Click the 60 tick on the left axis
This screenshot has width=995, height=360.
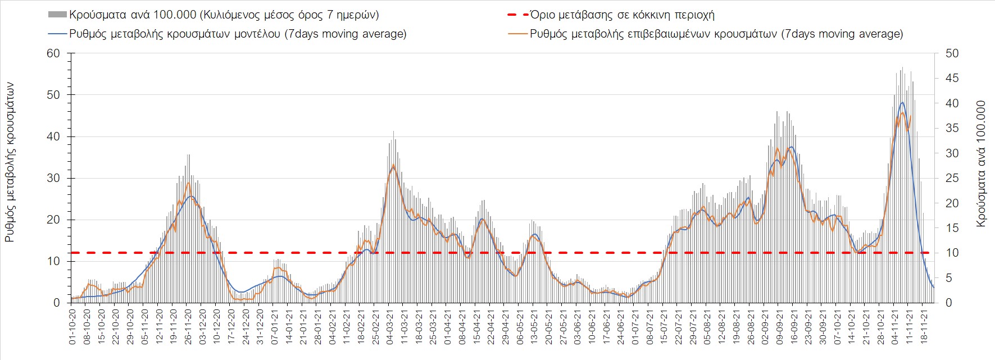54,53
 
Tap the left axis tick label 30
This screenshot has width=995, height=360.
54,178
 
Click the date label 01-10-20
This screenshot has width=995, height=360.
72,326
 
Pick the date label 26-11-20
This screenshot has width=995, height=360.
188,326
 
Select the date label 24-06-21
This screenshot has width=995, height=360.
621,326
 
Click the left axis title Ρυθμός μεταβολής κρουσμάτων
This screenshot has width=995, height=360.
10,162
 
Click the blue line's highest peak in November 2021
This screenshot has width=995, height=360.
902,102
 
